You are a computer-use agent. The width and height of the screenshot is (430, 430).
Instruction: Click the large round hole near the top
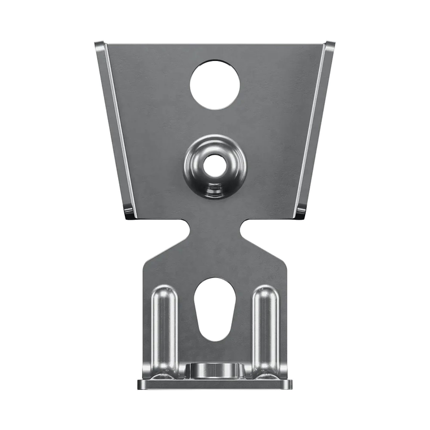(x=215, y=85)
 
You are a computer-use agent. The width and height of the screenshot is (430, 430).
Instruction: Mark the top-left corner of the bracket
(x=99, y=45)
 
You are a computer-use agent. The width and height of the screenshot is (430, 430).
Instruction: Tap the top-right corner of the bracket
(x=331, y=45)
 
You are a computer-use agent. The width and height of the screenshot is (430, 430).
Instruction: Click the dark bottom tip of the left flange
(x=129, y=214)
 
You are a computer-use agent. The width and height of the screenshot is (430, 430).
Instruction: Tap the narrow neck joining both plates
(x=215, y=229)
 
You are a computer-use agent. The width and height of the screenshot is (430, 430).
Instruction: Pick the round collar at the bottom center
(x=215, y=371)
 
